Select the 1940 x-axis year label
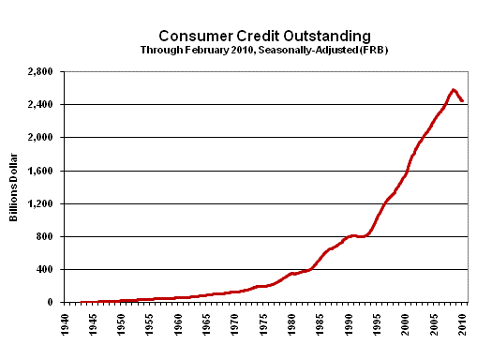(x=65, y=323)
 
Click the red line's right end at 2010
(x=462, y=101)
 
